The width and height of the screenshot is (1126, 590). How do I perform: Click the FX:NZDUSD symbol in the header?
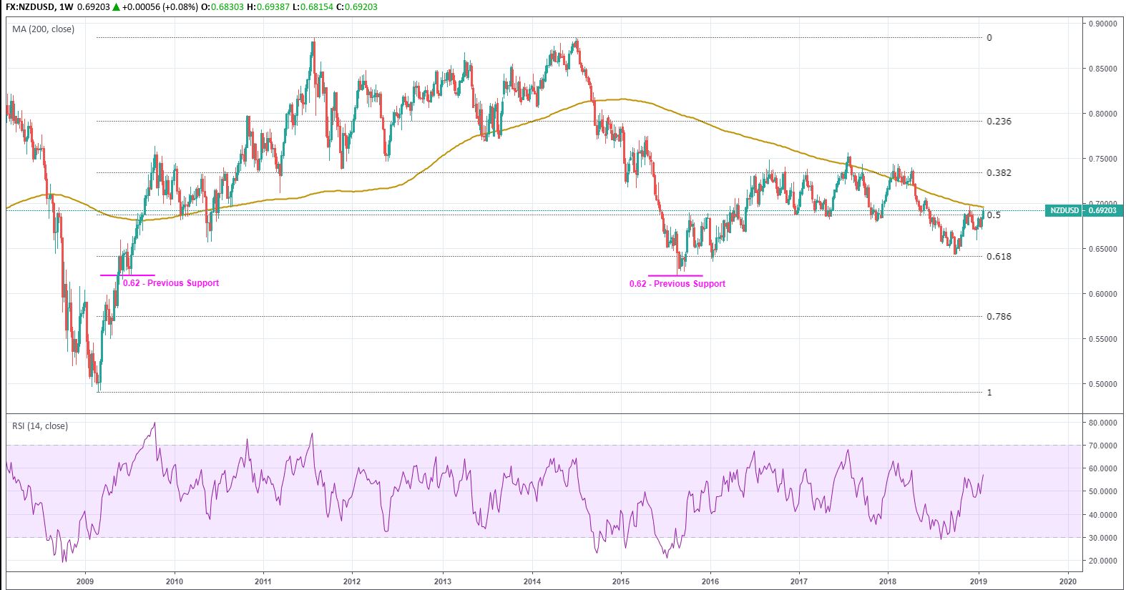pyautogui.click(x=28, y=7)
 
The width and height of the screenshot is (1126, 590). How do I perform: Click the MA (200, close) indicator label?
pyautogui.click(x=43, y=29)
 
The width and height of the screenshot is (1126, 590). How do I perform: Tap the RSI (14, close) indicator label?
pyautogui.click(x=40, y=426)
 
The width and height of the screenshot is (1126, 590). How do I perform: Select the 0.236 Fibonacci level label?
pyautogui.click(x=999, y=122)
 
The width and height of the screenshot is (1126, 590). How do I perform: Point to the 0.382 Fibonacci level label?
pyautogui.click(x=999, y=173)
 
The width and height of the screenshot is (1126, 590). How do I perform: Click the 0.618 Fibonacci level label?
pyautogui.click(x=999, y=257)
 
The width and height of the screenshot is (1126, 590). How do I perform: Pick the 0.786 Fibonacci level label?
pyautogui.click(x=999, y=317)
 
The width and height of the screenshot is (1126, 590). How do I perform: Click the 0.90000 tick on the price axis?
pyautogui.click(x=1102, y=24)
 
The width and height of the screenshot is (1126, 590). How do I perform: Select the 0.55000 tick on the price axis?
pyautogui.click(x=1102, y=339)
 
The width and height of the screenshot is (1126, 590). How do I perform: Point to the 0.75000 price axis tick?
pyautogui.click(x=1102, y=159)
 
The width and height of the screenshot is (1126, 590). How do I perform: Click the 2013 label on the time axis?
pyautogui.click(x=443, y=581)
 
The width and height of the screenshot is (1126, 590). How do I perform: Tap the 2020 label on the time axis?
pyautogui.click(x=1067, y=581)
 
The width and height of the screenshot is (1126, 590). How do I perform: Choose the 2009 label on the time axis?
pyautogui.click(x=85, y=581)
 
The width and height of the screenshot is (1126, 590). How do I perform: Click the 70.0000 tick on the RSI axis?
pyautogui.click(x=1102, y=446)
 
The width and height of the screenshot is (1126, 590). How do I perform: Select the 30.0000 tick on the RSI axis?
pyautogui.click(x=1102, y=538)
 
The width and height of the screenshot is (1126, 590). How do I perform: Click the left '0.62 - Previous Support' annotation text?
pyautogui.click(x=171, y=283)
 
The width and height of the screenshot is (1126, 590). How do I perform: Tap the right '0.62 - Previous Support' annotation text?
pyautogui.click(x=677, y=284)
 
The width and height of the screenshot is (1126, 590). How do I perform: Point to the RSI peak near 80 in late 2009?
pyautogui.click(x=155, y=423)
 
